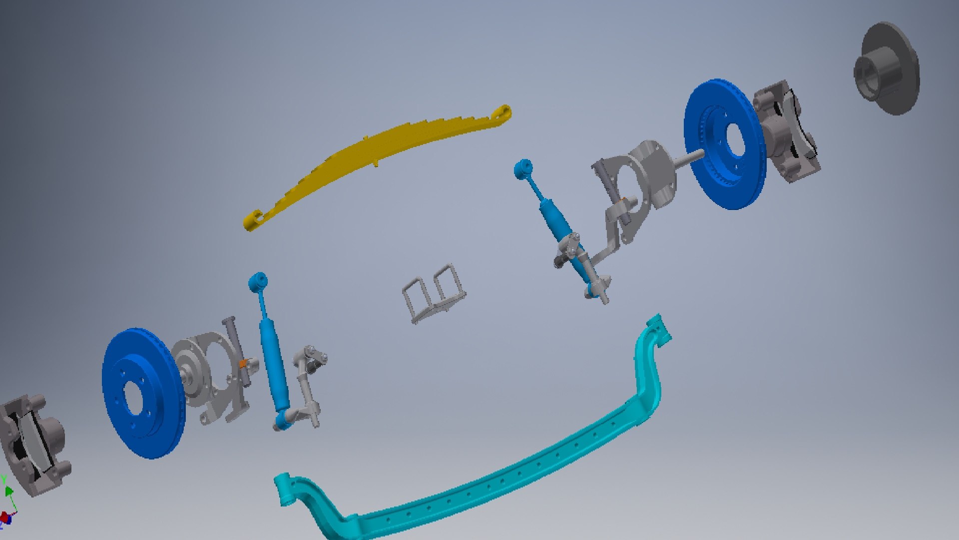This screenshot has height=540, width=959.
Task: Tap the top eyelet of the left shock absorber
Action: coord(258,281)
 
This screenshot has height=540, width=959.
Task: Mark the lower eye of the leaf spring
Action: coord(253,220)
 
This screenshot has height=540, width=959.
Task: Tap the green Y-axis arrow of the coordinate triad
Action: coord(8,490)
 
